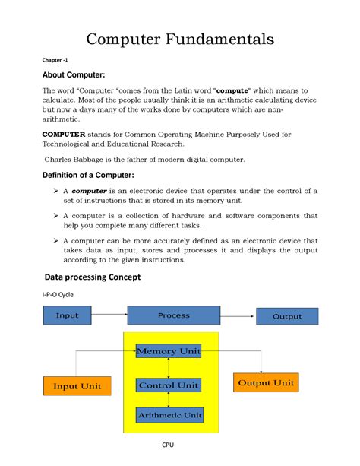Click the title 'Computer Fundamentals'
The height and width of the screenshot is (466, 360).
179,39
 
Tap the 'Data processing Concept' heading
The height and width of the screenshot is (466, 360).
92,277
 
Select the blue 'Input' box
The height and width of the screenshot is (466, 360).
68,315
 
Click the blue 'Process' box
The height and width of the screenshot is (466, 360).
174,315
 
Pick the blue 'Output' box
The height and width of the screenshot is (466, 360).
287,316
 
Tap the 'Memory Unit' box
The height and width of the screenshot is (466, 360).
169,351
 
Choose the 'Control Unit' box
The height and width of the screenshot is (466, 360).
169,385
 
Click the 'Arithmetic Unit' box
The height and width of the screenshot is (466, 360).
169,415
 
